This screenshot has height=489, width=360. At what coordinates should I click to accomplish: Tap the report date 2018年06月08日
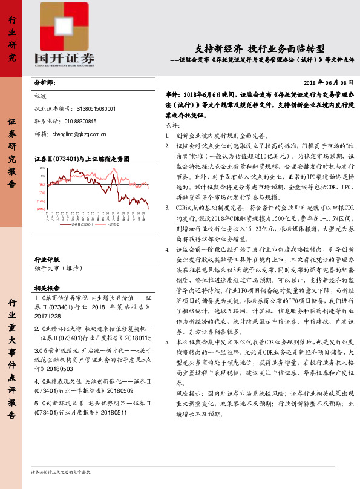[x=327, y=82]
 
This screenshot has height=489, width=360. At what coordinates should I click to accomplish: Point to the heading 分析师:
[x=45, y=83]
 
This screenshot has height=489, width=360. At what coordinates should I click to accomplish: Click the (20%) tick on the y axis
[x=41, y=208]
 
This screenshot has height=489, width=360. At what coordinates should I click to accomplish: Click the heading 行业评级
[x=47, y=258]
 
